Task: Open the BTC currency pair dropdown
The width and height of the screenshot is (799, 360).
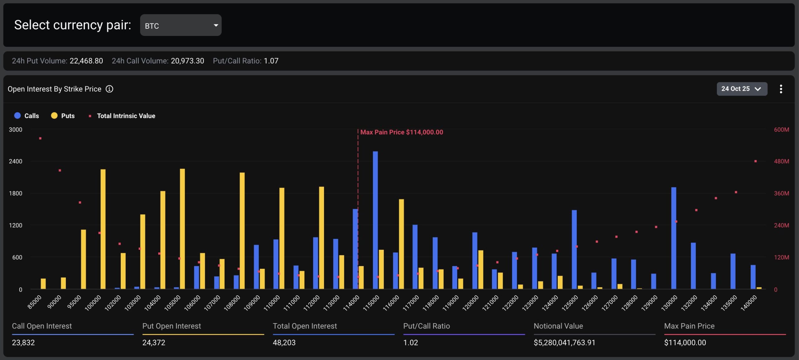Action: click(x=180, y=25)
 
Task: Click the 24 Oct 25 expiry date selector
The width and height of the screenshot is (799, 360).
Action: click(x=742, y=89)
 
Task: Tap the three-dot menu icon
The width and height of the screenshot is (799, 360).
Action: click(x=781, y=89)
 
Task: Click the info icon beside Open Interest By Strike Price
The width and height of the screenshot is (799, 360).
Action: click(x=109, y=89)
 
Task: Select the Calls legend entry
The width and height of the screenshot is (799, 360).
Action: click(x=27, y=116)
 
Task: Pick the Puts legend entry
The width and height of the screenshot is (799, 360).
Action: click(x=63, y=116)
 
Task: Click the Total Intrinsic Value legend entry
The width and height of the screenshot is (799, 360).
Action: click(x=122, y=116)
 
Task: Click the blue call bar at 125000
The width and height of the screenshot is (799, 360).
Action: click(x=574, y=250)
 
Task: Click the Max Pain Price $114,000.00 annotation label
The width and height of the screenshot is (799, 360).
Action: click(x=401, y=132)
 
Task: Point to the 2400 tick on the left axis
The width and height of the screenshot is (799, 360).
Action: click(x=16, y=161)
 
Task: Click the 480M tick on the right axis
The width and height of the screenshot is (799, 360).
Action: click(x=781, y=161)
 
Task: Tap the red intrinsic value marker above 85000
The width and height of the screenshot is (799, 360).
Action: click(x=40, y=138)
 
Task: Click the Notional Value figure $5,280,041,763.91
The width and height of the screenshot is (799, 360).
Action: click(x=564, y=343)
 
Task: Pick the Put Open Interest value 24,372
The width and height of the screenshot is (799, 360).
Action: click(x=154, y=343)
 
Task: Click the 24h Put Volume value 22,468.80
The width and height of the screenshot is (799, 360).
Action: click(x=86, y=61)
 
